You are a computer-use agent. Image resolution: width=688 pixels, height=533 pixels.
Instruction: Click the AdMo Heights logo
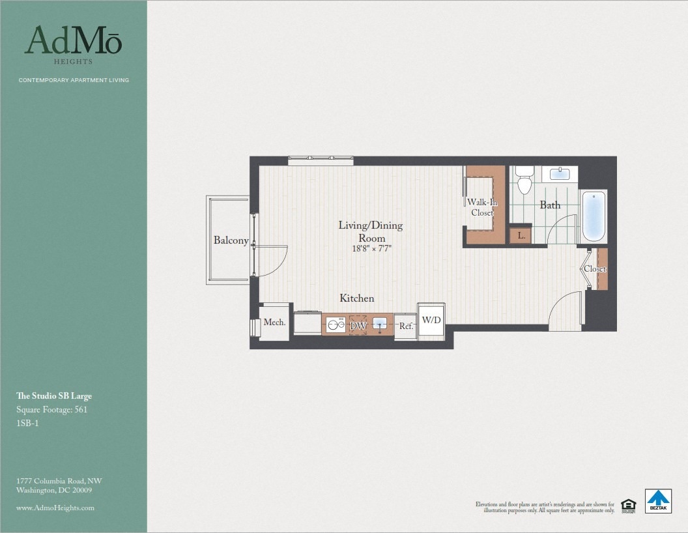pyautogui.click(x=73, y=44)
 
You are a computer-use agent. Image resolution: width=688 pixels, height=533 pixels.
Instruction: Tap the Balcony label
pyautogui.click(x=231, y=240)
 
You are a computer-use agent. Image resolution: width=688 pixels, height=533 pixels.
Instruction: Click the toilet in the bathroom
pyautogui.click(x=524, y=182)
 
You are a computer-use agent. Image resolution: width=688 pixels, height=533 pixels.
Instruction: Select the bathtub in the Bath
pyautogui.click(x=594, y=216)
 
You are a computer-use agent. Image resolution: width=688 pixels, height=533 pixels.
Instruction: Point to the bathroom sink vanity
pyautogui.click(x=560, y=174)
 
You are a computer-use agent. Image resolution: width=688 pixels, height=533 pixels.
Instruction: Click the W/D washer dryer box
pyautogui.click(x=431, y=320)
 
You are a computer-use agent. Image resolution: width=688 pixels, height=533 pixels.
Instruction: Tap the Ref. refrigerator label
pyautogui.click(x=406, y=326)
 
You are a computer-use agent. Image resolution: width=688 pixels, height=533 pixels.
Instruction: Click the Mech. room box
pyautogui.click(x=274, y=323)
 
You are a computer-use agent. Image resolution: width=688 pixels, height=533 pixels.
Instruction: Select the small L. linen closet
pyautogui.click(x=521, y=235)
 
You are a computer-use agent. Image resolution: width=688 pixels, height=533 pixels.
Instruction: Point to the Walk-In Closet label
pyautogui.click(x=482, y=208)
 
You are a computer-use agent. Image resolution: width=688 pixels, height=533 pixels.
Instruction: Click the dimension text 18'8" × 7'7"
pyautogui.click(x=370, y=248)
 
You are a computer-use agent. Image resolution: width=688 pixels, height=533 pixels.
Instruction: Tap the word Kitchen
pyautogui.click(x=356, y=298)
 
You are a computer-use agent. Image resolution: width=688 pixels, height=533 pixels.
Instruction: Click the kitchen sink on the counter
pyautogui.click(x=381, y=324)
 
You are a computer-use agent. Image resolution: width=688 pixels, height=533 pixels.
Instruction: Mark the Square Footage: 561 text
pyautogui.click(x=51, y=410)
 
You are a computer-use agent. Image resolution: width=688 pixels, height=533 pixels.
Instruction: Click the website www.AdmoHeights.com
pyautogui.click(x=55, y=508)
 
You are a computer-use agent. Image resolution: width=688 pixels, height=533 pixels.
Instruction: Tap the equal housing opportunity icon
pyautogui.click(x=628, y=504)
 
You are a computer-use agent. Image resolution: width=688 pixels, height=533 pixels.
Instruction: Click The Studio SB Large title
pyautogui.click(x=53, y=396)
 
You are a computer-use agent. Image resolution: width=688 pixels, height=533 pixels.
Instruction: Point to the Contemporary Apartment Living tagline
pyautogui.click(x=74, y=80)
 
